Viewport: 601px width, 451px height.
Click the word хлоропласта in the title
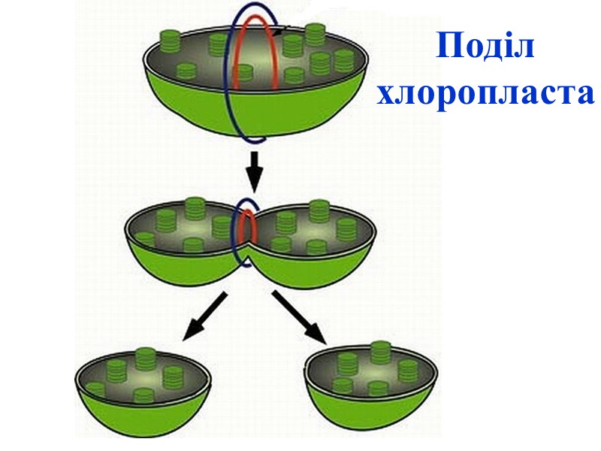[485, 94]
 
